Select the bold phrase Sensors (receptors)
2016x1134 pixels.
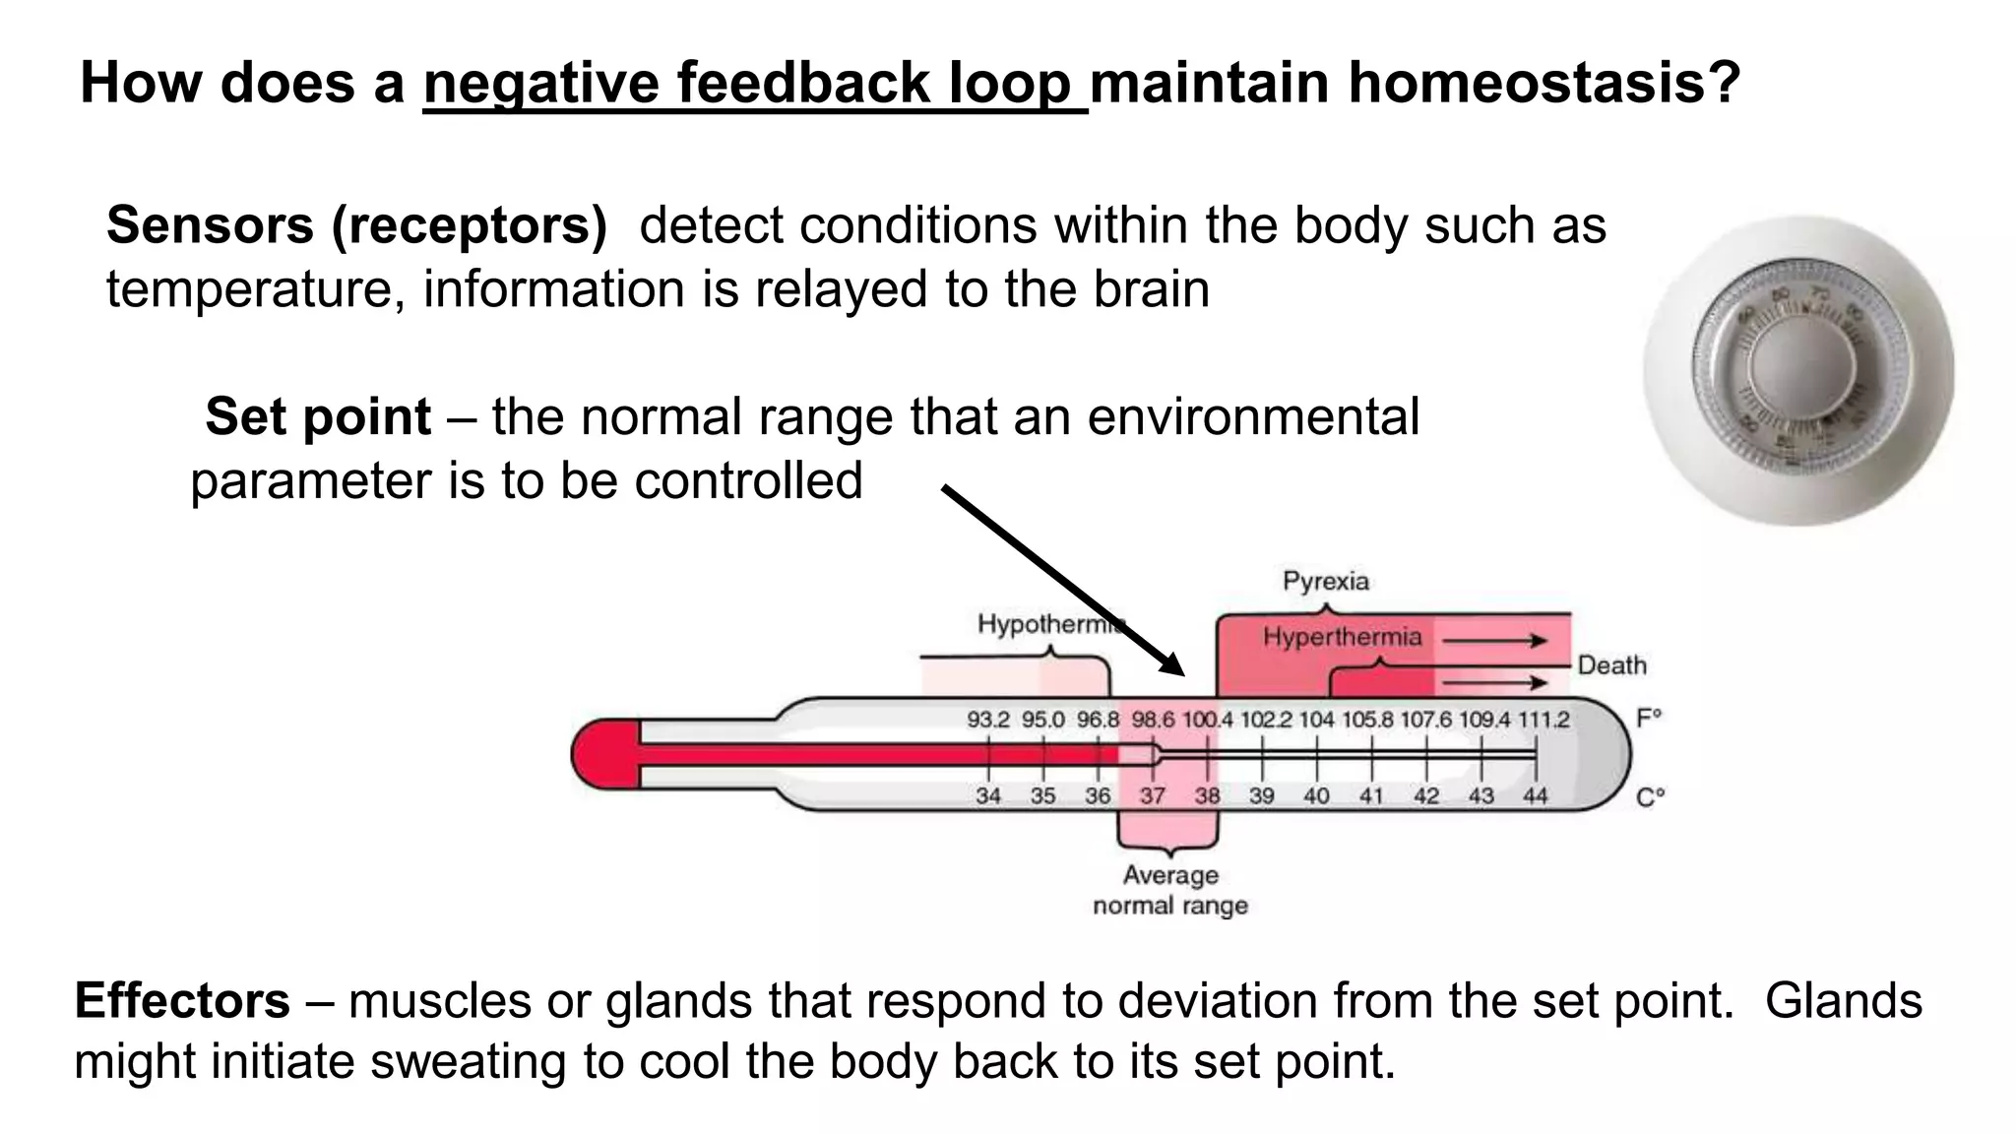[356, 225]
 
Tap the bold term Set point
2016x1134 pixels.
[318, 416]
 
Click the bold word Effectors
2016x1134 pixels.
[182, 1001]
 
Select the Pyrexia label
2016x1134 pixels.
[1325, 581]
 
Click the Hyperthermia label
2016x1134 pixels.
[1342, 638]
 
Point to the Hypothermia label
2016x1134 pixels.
[1049, 624]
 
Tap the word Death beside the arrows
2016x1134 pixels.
[1611, 666]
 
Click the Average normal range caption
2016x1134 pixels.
[1170, 890]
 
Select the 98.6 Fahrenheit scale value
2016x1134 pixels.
[1153, 721]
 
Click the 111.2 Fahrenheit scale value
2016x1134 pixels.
[1543, 721]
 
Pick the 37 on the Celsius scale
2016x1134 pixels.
[1152, 796]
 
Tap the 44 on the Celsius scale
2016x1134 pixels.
[1535, 796]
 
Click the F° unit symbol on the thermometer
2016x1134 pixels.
[1649, 718]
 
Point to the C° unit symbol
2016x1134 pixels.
[1650, 797]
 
